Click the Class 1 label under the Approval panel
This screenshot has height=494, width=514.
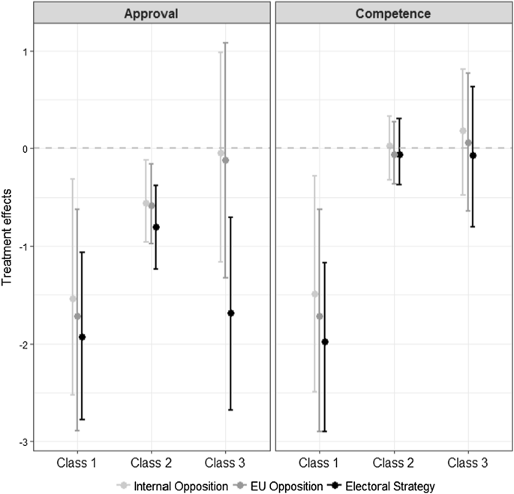[77, 464]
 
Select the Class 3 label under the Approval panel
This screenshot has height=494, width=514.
[226, 464]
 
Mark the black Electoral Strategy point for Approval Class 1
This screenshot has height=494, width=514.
[82, 337]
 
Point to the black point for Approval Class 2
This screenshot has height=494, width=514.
[156, 227]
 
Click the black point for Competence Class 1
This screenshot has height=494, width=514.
[325, 342]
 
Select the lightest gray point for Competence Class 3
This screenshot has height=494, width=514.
[463, 131]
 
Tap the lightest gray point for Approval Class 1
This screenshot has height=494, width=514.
[73, 299]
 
